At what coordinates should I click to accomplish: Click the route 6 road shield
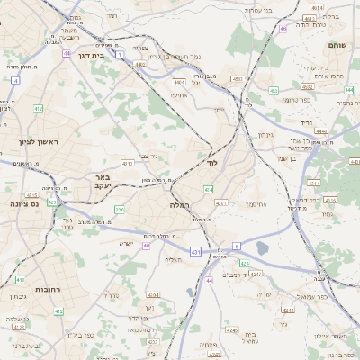236,245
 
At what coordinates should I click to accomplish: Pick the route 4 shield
15,80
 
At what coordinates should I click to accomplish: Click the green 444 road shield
348,90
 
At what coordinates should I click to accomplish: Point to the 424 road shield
244,264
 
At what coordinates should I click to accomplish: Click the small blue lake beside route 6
262,247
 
